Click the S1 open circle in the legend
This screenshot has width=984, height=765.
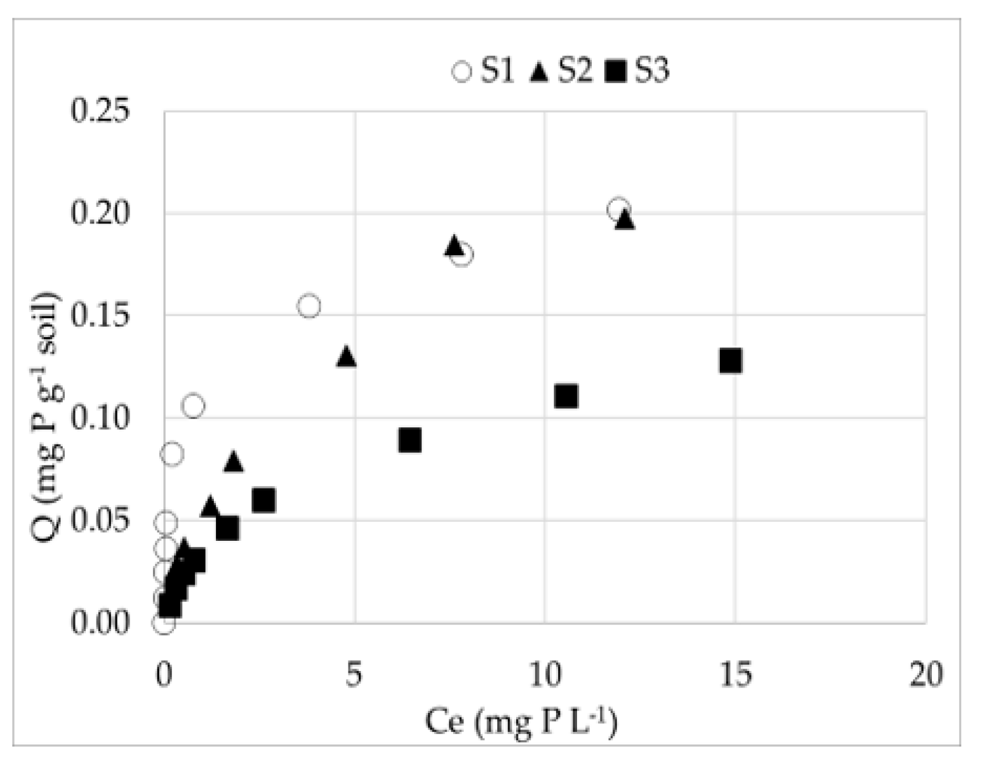tap(462, 71)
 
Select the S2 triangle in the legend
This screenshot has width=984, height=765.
tap(540, 71)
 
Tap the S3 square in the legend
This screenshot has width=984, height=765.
tap(616, 71)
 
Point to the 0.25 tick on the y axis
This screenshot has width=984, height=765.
tap(100, 110)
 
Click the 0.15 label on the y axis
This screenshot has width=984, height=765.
tap(100, 316)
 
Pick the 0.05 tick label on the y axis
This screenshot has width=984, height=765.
tap(100, 521)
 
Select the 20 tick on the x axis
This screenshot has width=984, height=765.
tap(926, 674)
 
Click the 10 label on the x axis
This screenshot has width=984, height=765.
tap(545, 674)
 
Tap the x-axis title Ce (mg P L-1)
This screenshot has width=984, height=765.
tap(521, 722)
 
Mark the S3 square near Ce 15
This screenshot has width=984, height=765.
tap(731, 361)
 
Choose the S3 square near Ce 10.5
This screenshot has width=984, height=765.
tap(566, 396)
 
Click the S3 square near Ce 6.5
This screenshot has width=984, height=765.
tap(410, 440)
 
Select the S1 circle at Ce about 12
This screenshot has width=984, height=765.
tap(618, 209)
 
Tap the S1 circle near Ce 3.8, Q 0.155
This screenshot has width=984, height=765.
tap(309, 306)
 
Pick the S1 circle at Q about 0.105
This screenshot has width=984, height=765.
tap(193, 406)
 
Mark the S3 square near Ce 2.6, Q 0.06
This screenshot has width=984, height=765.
tap(263, 500)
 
